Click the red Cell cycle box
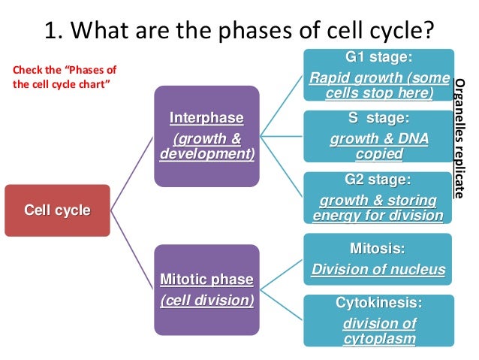57,210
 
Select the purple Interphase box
206,136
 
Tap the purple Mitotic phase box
206,289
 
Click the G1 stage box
378,74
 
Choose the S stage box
378,136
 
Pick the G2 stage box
378,198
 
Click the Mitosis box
378,259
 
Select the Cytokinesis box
378,321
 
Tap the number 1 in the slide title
51,32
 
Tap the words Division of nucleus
378,270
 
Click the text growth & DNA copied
378,147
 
